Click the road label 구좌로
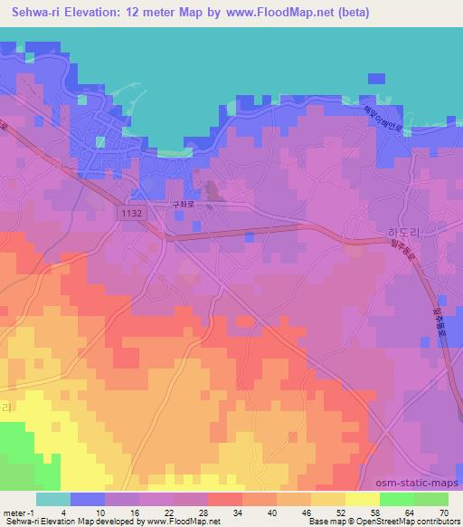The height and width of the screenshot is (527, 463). (x=184, y=205)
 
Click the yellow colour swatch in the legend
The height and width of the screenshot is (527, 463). (x=362, y=498)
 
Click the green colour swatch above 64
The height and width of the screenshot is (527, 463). (x=396, y=498)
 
